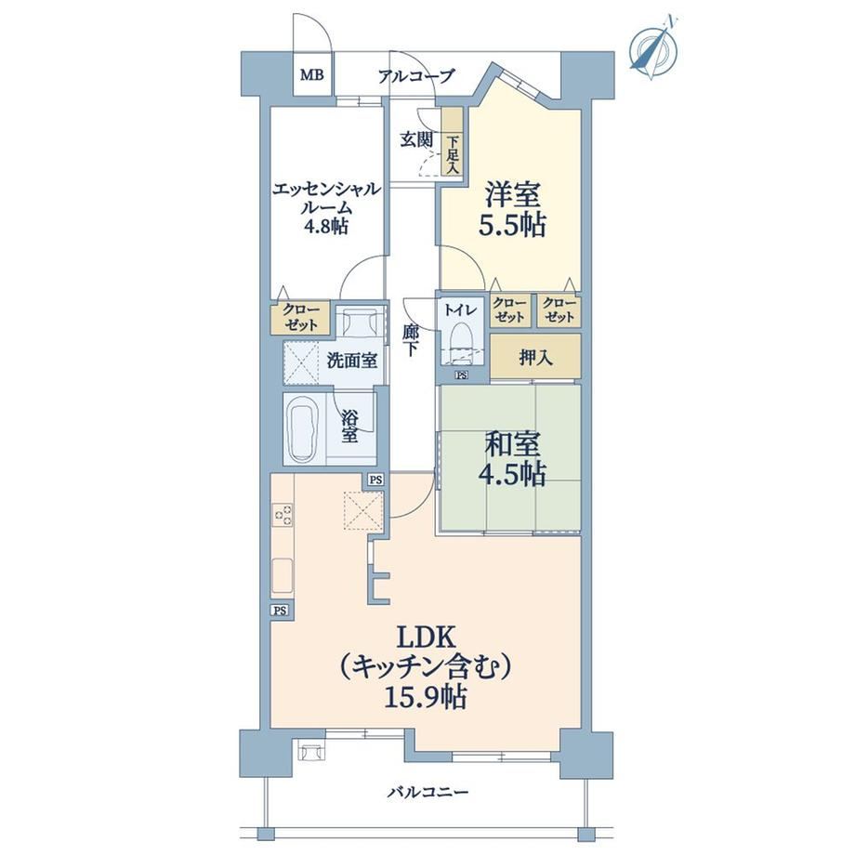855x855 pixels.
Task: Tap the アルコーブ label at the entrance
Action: [416, 76]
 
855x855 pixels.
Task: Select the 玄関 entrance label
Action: [416, 139]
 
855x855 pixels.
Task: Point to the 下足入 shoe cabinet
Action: [452, 142]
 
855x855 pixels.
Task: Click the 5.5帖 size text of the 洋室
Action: [512, 225]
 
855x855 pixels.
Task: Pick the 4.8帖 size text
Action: [326, 225]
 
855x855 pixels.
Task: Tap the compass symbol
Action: [653, 49]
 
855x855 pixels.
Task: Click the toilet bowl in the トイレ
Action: [462, 342]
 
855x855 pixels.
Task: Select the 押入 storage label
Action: [535, 358]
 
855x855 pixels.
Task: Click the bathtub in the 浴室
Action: [300, 429]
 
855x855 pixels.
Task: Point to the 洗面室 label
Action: [351, 360]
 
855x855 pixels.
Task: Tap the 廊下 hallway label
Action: [411, 340]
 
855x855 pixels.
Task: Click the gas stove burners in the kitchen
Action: [283, 514]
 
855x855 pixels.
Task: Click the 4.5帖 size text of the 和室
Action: [512, 475]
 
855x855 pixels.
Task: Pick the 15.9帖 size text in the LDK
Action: [426, 697]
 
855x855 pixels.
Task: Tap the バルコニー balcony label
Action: [428, 792]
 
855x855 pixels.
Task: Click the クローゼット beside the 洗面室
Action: [300, 317]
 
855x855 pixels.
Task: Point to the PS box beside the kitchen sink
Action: [281, 611]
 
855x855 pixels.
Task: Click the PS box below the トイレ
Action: [462, 375]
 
